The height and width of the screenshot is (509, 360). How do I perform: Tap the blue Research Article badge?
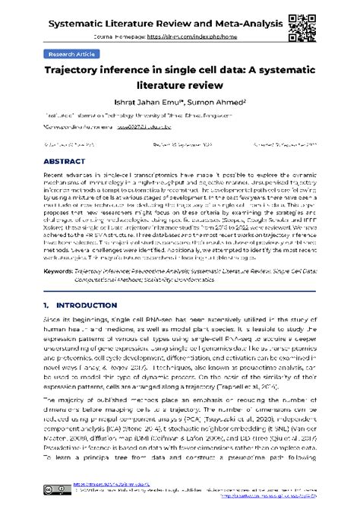click(x=71, y=55)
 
